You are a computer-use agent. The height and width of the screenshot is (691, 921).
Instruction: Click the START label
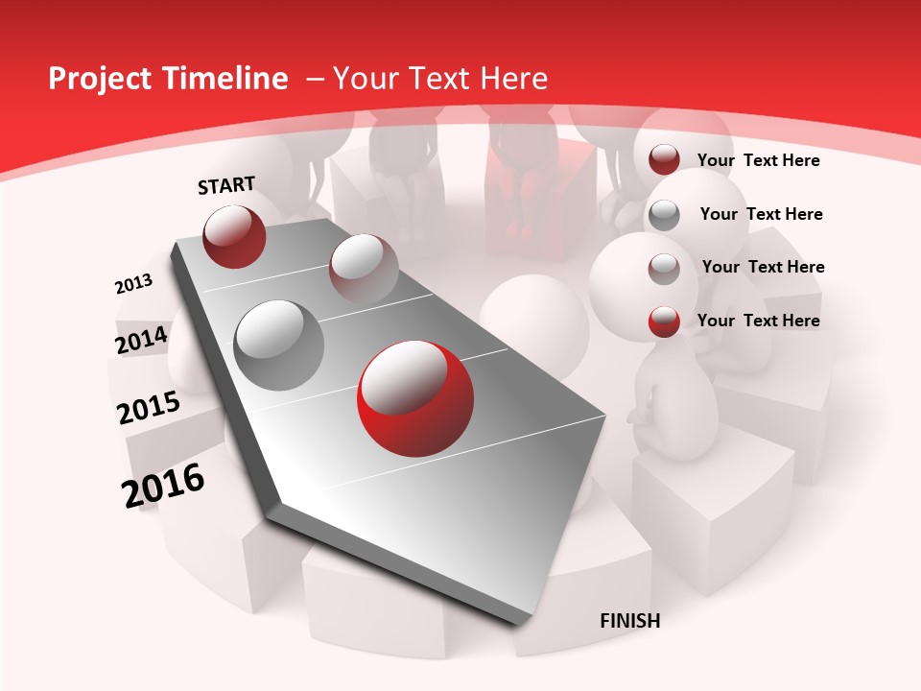coord(226,185)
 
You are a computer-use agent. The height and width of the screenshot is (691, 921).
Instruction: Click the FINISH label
coord(630,621)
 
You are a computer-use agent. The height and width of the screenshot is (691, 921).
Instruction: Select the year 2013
coord(133,284)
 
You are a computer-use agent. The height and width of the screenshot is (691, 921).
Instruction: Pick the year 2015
coord(149,409)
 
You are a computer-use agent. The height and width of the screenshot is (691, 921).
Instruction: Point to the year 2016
coord(163,486)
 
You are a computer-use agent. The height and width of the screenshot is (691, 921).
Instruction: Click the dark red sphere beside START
coord(234,236)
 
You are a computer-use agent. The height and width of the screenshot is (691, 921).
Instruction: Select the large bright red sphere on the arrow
coord(414,398)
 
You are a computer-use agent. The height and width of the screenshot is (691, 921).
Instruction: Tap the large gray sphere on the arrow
coord(278,345)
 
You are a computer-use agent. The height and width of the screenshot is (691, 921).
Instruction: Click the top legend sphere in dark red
coord(664,159)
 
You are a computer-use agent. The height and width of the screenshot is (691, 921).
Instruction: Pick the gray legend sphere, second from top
coord(664,215)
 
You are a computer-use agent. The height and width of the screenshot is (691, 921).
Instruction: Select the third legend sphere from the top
coord(664,269)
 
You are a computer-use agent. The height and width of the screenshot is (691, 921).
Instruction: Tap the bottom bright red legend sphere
coord(664,322)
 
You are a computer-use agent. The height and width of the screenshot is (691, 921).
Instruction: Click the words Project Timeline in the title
coord(168,79)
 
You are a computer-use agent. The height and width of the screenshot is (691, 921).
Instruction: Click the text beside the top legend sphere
coord(758,160)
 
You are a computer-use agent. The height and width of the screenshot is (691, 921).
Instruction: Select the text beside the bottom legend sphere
coord(758,321)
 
